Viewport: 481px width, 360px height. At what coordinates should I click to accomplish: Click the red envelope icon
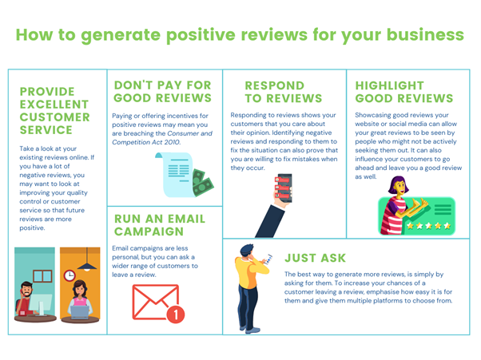[155, 302]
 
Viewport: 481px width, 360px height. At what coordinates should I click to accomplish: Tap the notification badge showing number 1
[176, 314]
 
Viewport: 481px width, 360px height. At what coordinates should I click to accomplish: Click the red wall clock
[70, 275]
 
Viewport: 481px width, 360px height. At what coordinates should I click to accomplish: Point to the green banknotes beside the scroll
[202, 183]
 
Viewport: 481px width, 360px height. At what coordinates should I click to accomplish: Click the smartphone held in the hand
[284, 188]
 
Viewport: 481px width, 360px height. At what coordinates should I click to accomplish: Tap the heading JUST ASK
[315, 258]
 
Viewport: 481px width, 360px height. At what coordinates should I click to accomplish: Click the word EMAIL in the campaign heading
[187, 219]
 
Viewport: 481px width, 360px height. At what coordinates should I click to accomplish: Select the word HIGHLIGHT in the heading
[390, 85]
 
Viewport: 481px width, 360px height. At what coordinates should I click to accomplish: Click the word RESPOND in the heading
[275, 85]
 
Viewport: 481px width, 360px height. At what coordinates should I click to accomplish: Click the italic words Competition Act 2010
[146, 142]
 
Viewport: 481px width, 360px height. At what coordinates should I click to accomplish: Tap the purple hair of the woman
[396, 184]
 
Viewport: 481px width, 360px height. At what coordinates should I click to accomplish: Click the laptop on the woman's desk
[79, 312]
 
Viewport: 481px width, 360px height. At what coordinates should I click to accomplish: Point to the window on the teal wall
[42, 276]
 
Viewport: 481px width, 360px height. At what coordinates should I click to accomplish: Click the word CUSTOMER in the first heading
[55, 117]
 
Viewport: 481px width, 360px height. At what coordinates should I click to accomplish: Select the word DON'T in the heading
[133, 85]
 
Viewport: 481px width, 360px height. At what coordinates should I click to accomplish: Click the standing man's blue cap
[247, 249]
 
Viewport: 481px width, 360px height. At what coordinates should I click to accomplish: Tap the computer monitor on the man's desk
[40, 303]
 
